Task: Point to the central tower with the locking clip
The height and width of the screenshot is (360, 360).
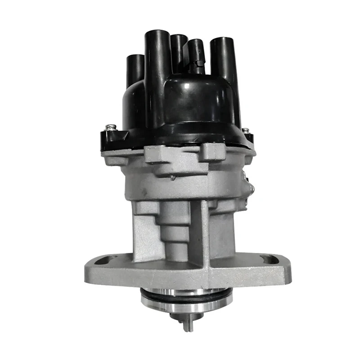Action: click(x=195, y=56)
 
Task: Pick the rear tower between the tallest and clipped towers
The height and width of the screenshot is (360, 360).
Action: click(x=178, y=49)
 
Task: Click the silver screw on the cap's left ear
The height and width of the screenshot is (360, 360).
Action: click(x=110, y=128)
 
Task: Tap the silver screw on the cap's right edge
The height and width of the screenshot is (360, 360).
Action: click(x=245, y=131)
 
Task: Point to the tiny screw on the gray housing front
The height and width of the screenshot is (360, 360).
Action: click(x=173, y=178)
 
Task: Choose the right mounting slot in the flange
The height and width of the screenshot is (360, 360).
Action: click(x=269, y=259)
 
